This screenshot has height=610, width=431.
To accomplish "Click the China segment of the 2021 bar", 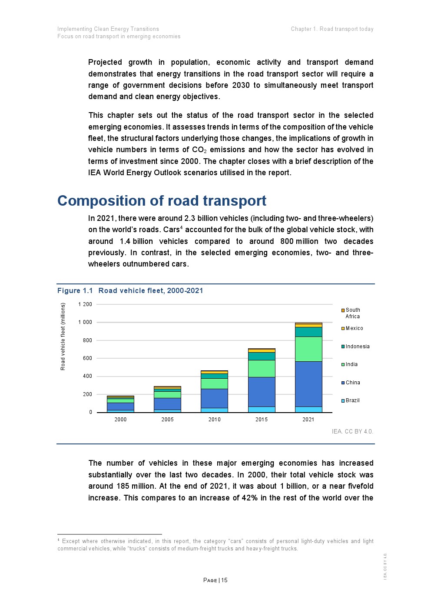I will point(308,384).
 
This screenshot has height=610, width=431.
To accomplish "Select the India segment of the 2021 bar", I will point(308,349).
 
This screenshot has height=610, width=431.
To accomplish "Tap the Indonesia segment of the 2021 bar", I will point(308,332).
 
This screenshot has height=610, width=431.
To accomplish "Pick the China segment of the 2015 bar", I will point(262,392).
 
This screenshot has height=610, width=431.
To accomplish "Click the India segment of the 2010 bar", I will point(214,383).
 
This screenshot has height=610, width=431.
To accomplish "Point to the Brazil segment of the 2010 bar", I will point(214,410).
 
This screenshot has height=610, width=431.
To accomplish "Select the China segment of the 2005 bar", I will point(167,403).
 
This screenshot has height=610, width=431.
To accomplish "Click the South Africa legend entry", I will point(352,313).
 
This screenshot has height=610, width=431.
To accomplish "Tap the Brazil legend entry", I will point(352,400).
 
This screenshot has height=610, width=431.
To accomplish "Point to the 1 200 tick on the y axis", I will point(85,304).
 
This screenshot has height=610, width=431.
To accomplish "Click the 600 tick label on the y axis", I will point(87,358).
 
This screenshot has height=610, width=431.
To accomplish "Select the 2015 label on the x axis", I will point(262,420).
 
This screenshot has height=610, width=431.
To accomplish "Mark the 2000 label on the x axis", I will point(120,420).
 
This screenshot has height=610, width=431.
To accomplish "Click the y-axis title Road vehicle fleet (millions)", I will point(63,337).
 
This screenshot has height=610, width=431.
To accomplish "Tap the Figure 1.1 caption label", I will point(75,290).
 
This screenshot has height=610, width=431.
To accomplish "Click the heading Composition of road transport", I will point(162,201).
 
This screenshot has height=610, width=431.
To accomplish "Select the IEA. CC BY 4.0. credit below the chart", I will point(352,431).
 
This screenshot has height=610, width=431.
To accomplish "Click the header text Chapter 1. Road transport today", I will point(332,29).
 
